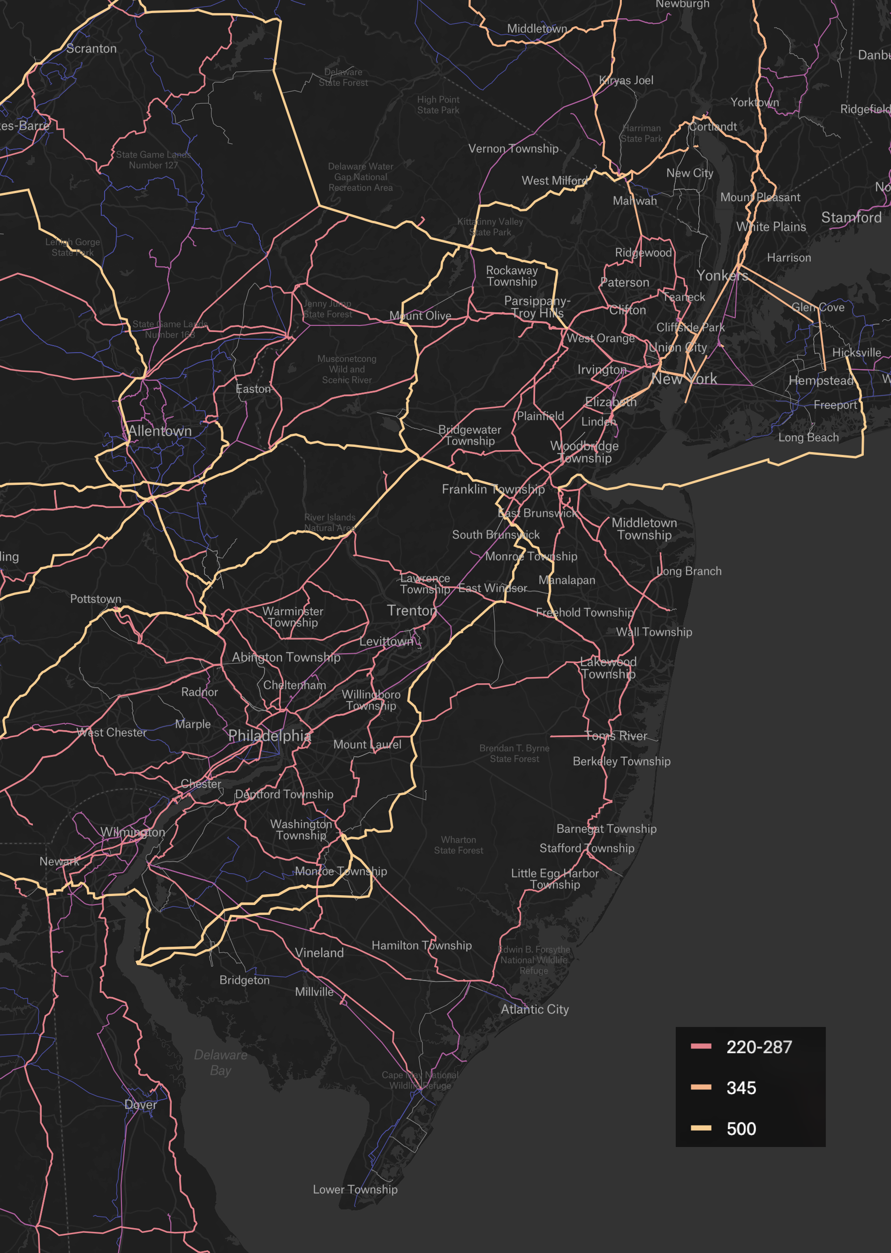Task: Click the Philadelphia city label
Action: pos(269,736)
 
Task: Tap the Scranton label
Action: pos(91,48)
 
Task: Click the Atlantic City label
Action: pos(535,1010)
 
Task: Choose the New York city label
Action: pos(684,379)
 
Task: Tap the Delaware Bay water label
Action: pos(220,1063)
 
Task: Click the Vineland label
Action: pos(319,953)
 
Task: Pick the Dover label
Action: pos(141,1104)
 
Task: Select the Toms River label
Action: pos(616,736)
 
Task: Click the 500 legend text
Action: pos(741,1129)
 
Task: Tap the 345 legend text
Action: pos(741,1088)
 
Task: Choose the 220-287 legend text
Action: pos(759,1047)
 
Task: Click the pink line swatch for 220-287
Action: pos(701,1046)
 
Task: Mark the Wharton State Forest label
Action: pos(459,845)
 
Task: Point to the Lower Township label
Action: pos(355,1189)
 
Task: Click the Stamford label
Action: pos(851,218)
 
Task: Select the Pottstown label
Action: pos(96,599)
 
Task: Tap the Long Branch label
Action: pos(689,571)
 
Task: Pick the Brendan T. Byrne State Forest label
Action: pos(514,754)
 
